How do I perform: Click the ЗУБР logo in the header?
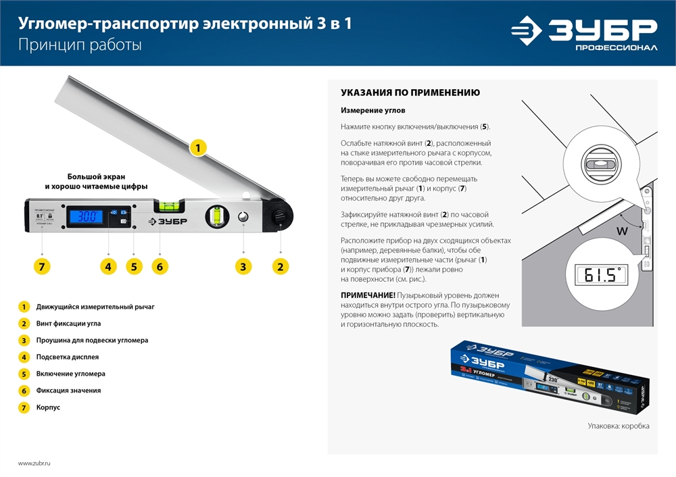click(583, 34)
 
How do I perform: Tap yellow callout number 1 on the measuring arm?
click(197, 147)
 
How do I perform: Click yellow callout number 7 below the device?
click(43, 266)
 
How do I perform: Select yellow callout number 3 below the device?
click(243, 266)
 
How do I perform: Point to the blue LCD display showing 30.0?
click(84, 217)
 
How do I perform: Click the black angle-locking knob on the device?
click(277, 217)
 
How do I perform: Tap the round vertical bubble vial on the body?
click(218, 216)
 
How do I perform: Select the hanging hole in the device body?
click(243, 217)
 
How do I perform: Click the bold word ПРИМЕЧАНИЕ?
click(368, 296)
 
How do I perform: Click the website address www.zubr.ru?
click(34, 463)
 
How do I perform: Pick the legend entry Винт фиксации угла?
click(70, 324)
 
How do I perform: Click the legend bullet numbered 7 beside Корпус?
click(24, 407)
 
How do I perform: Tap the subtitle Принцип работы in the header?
click(80, 45)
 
